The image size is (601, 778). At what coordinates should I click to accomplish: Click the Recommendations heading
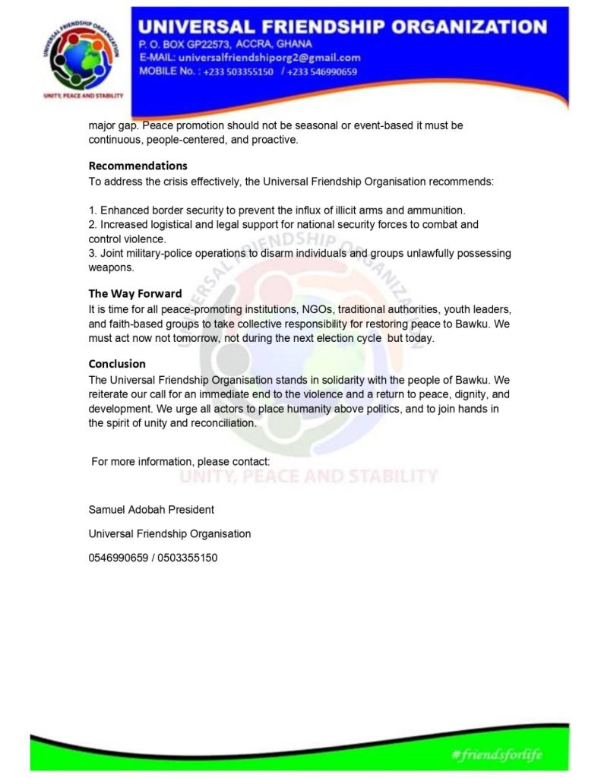click(138, 166)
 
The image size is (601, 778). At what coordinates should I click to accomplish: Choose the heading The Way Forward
click(135, 293)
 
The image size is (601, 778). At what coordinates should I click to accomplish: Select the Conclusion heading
click(117, 363)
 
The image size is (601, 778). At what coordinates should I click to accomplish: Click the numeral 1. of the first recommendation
click(93, 210)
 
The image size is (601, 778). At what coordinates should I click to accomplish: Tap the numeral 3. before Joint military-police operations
click(93, 253)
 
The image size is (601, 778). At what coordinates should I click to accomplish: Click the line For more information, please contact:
click(180, 461)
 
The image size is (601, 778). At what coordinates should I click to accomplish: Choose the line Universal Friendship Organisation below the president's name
click(169, 533)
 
